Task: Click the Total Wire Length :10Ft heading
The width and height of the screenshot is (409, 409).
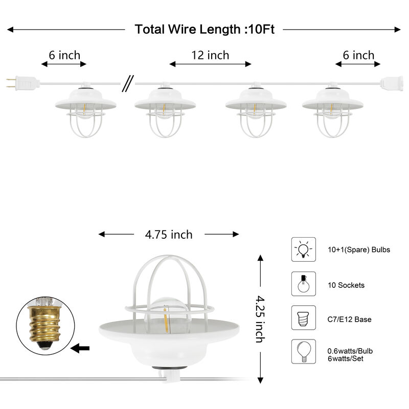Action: [204, 30]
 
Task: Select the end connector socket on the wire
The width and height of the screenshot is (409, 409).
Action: [391, 81]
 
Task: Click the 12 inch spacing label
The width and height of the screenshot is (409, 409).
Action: [210, 55]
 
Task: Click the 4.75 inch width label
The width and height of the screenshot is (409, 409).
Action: [169, 235]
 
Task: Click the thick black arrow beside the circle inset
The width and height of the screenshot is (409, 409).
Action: [80, 349]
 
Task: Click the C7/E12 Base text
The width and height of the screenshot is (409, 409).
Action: [350, 320]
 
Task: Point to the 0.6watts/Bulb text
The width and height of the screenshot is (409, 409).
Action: [350, 351]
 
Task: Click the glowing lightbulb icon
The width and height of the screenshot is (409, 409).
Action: [303, 249]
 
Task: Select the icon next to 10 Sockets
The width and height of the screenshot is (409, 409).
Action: [303, 284]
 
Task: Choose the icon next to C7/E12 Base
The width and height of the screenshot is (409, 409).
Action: [303, 319]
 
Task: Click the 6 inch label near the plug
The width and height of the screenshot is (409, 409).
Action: [64, 55]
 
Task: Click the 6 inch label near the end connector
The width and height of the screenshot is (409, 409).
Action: [358, 55]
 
